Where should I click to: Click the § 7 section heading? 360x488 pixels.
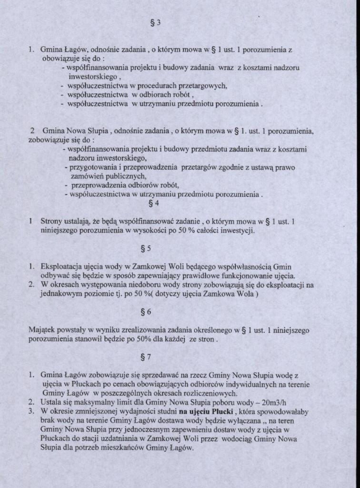click(x=146, y=356)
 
